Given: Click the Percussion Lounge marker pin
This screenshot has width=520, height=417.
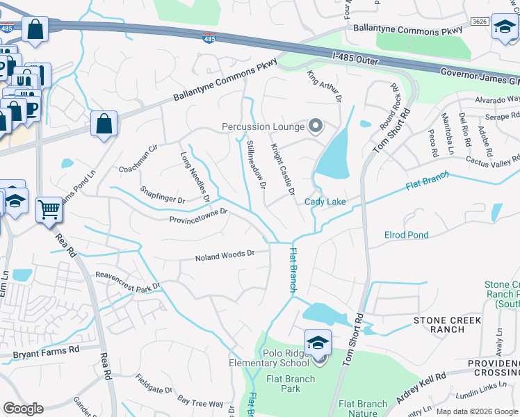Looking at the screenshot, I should (316, 126).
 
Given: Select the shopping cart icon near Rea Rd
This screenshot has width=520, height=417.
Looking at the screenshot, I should (49, 208).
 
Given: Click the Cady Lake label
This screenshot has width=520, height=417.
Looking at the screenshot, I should (325, 202).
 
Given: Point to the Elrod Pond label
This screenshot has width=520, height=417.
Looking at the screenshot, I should (407, 235).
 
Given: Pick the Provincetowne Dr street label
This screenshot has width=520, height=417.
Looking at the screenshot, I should (198, 216).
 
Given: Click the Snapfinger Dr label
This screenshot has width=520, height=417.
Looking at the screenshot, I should (162, 195).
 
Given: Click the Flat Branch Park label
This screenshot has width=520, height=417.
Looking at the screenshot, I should (291, 384).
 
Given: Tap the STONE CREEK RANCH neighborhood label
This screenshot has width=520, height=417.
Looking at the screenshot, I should (448, 325).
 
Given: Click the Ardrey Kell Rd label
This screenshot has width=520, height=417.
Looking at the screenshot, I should (423, 386).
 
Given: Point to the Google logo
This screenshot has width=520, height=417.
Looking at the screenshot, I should (23, 409).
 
